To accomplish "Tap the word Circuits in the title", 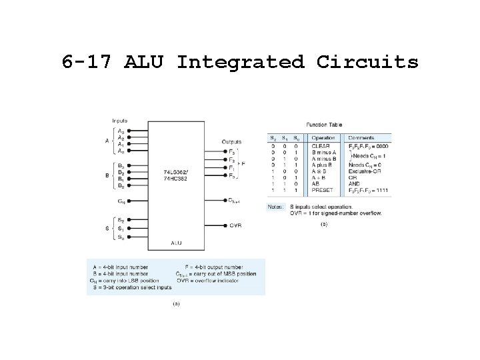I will [x=367, y=62].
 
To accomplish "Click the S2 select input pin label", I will [x=121, y=219].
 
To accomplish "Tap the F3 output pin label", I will [x=232, y=152].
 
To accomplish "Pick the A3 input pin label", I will [x=120, y=131].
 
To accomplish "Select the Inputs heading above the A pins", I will [x=120, y=121].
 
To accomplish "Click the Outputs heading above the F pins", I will [x=231, y=142].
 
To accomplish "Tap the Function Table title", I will [x=324, y=125].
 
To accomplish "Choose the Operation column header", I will [x=324, y=138].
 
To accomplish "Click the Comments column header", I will [x=361, y=138].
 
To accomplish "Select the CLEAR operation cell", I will [x=321, y=146].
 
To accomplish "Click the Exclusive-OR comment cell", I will [x=363, y=173].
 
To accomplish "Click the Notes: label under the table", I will [x=275, y=207].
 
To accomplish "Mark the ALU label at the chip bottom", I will [x=175, y=243].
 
